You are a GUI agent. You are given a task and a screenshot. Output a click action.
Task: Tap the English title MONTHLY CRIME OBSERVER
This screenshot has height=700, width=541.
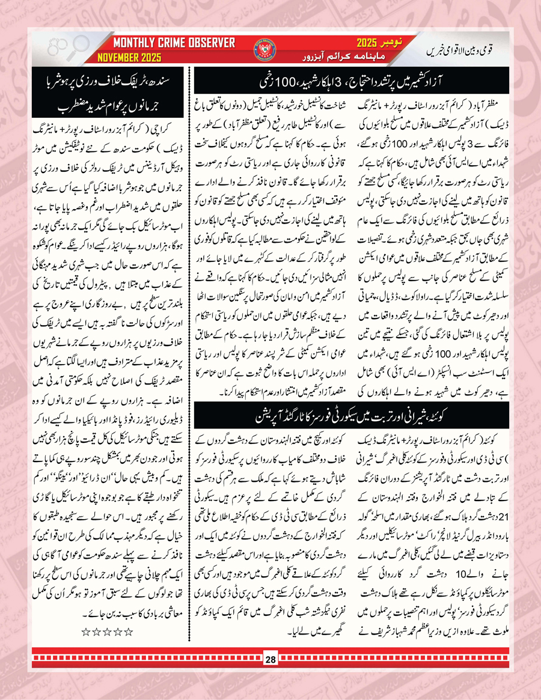174,43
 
